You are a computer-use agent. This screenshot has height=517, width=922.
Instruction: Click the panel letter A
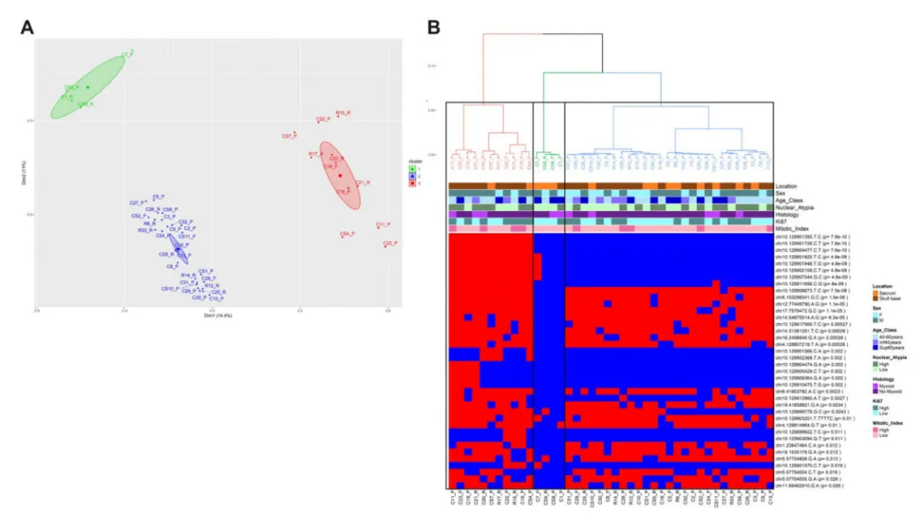pyautogui.click(x=28, y=26)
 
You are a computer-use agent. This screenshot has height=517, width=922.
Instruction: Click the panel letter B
pyautogui.click(x=434, y=26)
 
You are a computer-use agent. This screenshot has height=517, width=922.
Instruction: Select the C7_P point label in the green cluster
pyautogui.click(x=127, y=54)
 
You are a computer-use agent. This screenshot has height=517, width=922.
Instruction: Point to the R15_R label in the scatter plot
pyautogui.click(x=343, y=112)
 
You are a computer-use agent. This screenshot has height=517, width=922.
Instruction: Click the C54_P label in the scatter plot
pyautogui.click(x=347, y=233)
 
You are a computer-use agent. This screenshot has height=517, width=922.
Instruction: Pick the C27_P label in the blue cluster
pyautogui.click(x=137, y=203)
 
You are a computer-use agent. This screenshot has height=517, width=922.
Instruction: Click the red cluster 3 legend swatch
pyautogui.click(x=411, y=183)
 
